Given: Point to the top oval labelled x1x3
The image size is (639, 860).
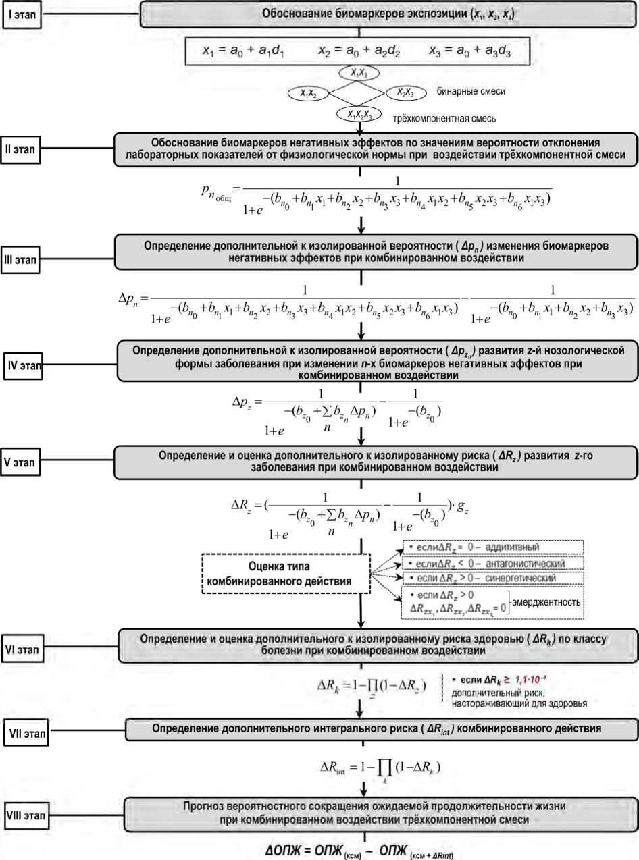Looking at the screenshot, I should [x=359, y=73].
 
